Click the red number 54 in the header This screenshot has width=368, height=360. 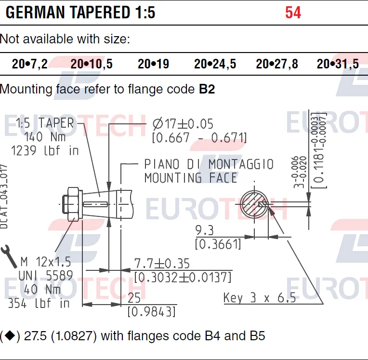pos(293,13)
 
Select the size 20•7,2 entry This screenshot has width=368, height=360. pos(30,64)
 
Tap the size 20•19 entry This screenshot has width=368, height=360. pos(153,64)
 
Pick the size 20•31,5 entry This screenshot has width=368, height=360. pos(338,64)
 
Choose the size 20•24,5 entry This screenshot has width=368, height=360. pos(215,64)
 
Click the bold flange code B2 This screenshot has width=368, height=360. pos(207,89)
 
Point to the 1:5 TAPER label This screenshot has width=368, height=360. pos(45,123)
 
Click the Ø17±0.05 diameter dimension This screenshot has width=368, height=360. pos(183,124)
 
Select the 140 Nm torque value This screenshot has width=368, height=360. pos(45,137)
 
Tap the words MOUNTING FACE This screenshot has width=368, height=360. pos(191,178)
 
